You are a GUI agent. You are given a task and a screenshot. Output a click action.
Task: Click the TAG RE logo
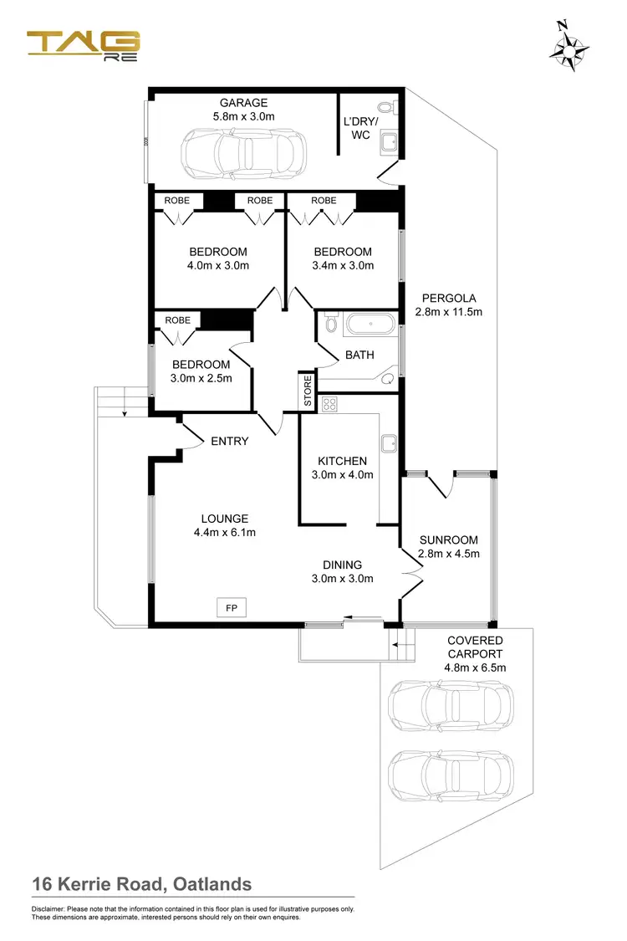click(x=83, y=46)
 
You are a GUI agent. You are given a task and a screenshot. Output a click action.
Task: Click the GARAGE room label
click(x=243, y=103)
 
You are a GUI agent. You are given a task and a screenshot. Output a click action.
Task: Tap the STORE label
click(x=308, y=391)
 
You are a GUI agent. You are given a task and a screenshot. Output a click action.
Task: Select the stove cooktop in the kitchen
click(x=329, y=405)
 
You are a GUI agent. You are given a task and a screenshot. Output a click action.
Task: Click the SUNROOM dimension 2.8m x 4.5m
click(x=448, y=553)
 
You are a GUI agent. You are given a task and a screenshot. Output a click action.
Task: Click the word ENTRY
click(x=229, y=441)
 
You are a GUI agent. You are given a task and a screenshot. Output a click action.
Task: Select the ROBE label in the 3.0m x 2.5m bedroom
click(x=177, y=320)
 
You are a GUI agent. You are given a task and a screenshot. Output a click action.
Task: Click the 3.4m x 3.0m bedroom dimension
click(x=343, y=265)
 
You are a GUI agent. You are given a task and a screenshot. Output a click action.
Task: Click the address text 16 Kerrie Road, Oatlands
click(x=141, y=884)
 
